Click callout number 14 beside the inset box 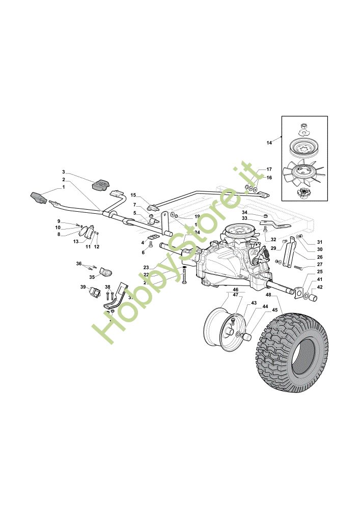click(x=269, y=143)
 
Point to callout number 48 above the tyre click(x=268, y=295)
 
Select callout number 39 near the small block click(x=82, y=287)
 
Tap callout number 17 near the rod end click(x=269, y=169)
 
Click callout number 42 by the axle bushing click(x=319, y=287)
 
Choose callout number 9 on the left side click(x=59, y=221)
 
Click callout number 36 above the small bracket click(x=79, y=263)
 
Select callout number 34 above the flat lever click(x=244, y=212)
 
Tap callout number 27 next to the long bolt click(x=319, y=264)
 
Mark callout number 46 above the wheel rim click(x=236, y=289)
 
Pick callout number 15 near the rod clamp click(x=133, y=195)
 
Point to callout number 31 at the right click(x=319, y=242)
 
